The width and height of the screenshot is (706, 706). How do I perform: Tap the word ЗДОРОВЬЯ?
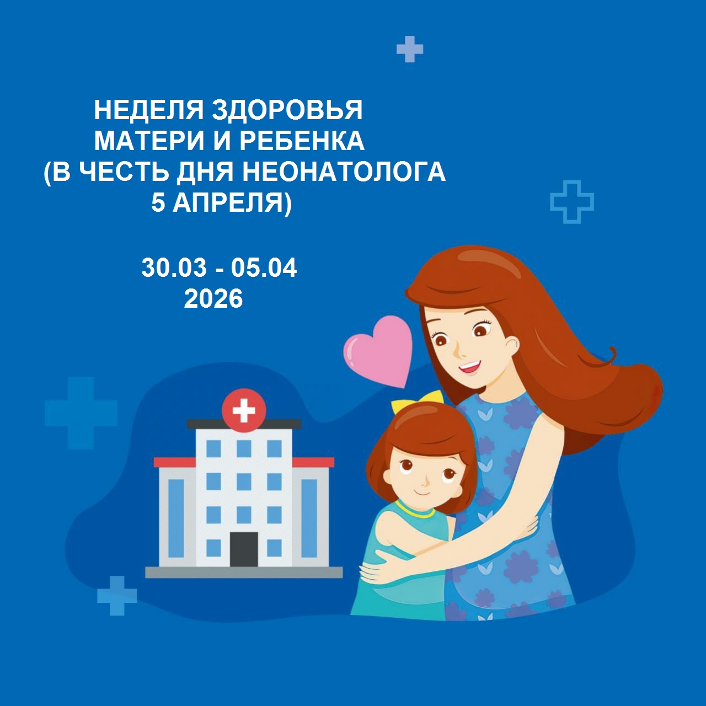287,110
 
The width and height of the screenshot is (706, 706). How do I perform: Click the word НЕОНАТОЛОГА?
344,172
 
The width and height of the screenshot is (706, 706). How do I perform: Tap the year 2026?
213,299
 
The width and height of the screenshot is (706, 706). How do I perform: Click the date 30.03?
174,268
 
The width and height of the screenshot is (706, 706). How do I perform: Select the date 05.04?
264,268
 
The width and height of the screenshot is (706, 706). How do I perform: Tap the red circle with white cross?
244,410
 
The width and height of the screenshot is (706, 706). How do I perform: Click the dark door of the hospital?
243,549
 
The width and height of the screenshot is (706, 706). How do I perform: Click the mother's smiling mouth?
470,366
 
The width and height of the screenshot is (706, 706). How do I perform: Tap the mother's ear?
511,345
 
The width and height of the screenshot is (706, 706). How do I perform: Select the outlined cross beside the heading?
572,202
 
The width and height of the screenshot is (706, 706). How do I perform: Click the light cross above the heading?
410,50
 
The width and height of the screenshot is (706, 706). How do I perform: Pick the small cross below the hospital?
117,596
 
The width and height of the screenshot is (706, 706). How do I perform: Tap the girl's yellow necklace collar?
415,510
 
